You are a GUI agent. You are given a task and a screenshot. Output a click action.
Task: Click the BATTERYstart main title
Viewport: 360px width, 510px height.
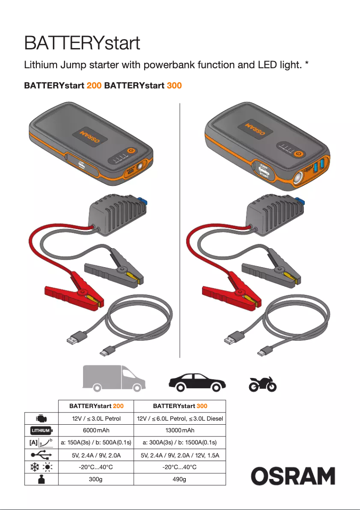pos(82,44)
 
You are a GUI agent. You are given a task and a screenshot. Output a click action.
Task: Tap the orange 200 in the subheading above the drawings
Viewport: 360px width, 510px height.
pos(94,85)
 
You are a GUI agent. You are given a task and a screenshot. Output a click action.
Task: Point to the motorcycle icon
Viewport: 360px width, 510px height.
pos(263,384)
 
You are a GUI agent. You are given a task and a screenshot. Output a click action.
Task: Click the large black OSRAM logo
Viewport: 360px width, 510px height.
pos(293,476)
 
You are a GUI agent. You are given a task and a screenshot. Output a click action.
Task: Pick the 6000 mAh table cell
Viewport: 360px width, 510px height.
pos(97,430)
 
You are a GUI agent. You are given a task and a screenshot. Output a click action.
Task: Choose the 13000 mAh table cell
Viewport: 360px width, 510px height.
pos(180,430)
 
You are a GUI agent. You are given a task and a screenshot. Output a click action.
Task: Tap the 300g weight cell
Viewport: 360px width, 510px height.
pos(97,479)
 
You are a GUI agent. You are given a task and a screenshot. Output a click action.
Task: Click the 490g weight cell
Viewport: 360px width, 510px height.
pos(180,479)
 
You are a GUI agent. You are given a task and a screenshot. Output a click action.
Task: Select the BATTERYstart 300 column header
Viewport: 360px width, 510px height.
pos(180,406)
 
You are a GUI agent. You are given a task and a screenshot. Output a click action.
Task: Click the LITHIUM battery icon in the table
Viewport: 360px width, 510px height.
pos(41,431)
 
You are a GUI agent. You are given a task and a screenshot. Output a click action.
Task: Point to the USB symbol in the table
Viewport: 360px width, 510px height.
pos(41,455)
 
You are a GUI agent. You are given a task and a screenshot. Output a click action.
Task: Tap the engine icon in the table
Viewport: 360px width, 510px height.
pos(41,418)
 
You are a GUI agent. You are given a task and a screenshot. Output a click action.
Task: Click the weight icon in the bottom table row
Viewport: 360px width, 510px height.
pos(41,479)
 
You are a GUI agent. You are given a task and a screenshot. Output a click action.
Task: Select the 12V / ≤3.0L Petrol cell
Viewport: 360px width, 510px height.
pos(97,418)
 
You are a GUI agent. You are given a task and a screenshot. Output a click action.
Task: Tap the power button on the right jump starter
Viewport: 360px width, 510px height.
pos(297,154)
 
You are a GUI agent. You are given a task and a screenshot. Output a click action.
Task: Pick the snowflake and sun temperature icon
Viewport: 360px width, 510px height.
pos(41,467)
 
